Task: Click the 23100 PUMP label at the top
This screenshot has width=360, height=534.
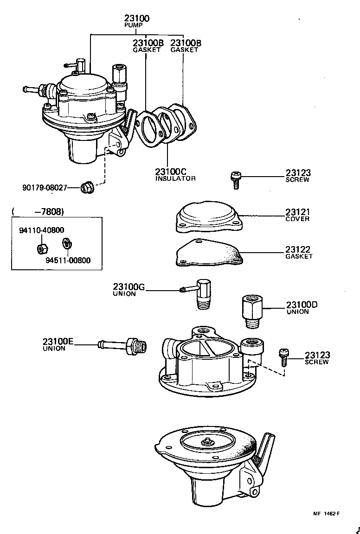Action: click(x=136, y=21)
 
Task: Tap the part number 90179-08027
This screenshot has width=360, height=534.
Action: click(x=45, y=188)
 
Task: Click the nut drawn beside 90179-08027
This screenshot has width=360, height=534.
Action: click(x=85, y=187)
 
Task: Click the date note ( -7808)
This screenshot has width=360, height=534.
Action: click(x=38, y=212)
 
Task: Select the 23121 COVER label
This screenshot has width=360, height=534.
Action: click(x=298, y=215)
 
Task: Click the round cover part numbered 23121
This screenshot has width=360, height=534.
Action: click(x=209, y=217)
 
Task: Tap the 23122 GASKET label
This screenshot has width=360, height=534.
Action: click(x=299, y=253)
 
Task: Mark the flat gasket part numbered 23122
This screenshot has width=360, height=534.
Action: click(x=209, y=254)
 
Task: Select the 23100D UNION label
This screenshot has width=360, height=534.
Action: click(x=301, y=308)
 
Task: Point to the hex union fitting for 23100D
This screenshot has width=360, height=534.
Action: click(x=252, y=307)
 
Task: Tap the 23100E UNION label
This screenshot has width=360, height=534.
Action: click(x=58, y=344)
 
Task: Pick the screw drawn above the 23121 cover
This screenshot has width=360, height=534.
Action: click(x=235, y=179)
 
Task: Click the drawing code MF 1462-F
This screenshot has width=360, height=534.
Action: click(x=326, y=513)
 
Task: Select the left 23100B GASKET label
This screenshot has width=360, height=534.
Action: click(x=148, y=45)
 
